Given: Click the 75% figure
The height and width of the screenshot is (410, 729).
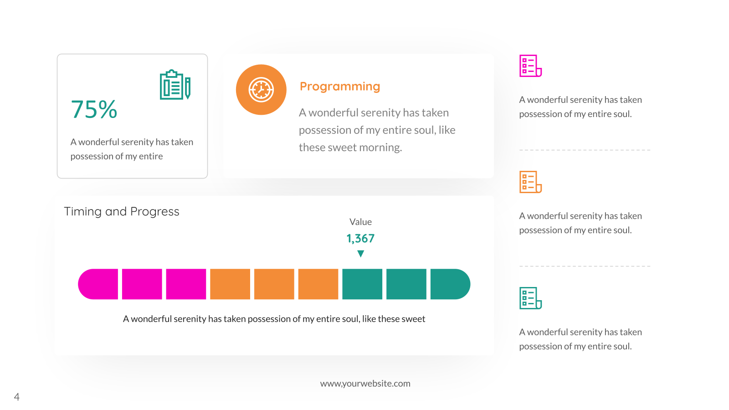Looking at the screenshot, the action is click(x=94, y=109).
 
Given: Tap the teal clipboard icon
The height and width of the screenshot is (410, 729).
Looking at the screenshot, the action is click(x=175, y=85).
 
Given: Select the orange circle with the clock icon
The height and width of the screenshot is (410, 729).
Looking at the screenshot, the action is click(x=261, y=89).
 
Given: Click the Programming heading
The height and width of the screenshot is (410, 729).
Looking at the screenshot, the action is click(x=340, y=86).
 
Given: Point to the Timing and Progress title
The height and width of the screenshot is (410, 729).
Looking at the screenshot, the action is click(x=121, y=211).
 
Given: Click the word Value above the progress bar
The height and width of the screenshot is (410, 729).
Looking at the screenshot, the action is click(x=360, y=222).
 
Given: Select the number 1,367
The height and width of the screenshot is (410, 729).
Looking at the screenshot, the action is click(x=360, y=239).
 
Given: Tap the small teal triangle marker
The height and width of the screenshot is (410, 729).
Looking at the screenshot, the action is click(x=360, y=253).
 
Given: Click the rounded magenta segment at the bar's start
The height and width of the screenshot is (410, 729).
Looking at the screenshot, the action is click(x=98, y=284).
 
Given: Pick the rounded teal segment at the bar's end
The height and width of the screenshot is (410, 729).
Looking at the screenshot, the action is click(x=450, y=284).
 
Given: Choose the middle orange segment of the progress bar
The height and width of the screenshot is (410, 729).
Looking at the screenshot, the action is click(x=274, y=284).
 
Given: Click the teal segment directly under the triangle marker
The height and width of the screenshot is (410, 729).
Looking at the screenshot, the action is click(x=362, y=284).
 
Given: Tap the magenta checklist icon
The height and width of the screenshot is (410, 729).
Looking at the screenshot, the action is click(x=530, y=66).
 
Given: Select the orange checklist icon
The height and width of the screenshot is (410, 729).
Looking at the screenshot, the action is click(x=530, y=182).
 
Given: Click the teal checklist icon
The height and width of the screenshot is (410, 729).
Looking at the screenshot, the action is click(x=530, y=298).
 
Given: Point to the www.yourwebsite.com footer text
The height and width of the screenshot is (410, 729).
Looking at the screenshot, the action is click(x=365, y=384).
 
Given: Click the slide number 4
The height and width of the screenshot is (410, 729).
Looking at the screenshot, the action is click(x=16, y=397).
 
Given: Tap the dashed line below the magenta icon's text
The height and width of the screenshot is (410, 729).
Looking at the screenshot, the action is click(x=585, y=150).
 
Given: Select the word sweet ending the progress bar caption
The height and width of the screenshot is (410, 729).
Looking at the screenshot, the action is click(x=413, y=319).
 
